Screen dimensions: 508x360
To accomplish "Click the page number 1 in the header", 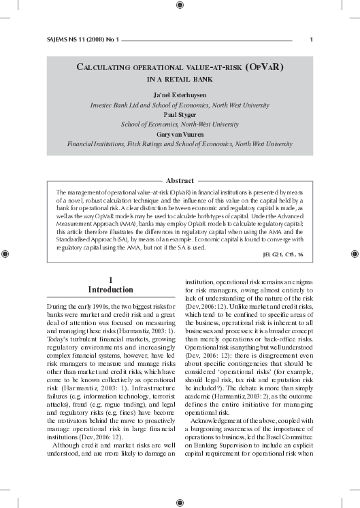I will (311, 39).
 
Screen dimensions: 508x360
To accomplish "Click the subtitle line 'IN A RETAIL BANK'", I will (180, 80).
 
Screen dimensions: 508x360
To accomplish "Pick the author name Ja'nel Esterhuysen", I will (180, 96).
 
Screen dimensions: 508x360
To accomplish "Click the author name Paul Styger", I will (180, 115).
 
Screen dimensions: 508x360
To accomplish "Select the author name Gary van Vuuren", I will (180, 135).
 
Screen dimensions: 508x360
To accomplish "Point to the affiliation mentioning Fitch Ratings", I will (180, 144).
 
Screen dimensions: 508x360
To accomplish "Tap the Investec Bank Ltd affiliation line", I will (180, 105).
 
